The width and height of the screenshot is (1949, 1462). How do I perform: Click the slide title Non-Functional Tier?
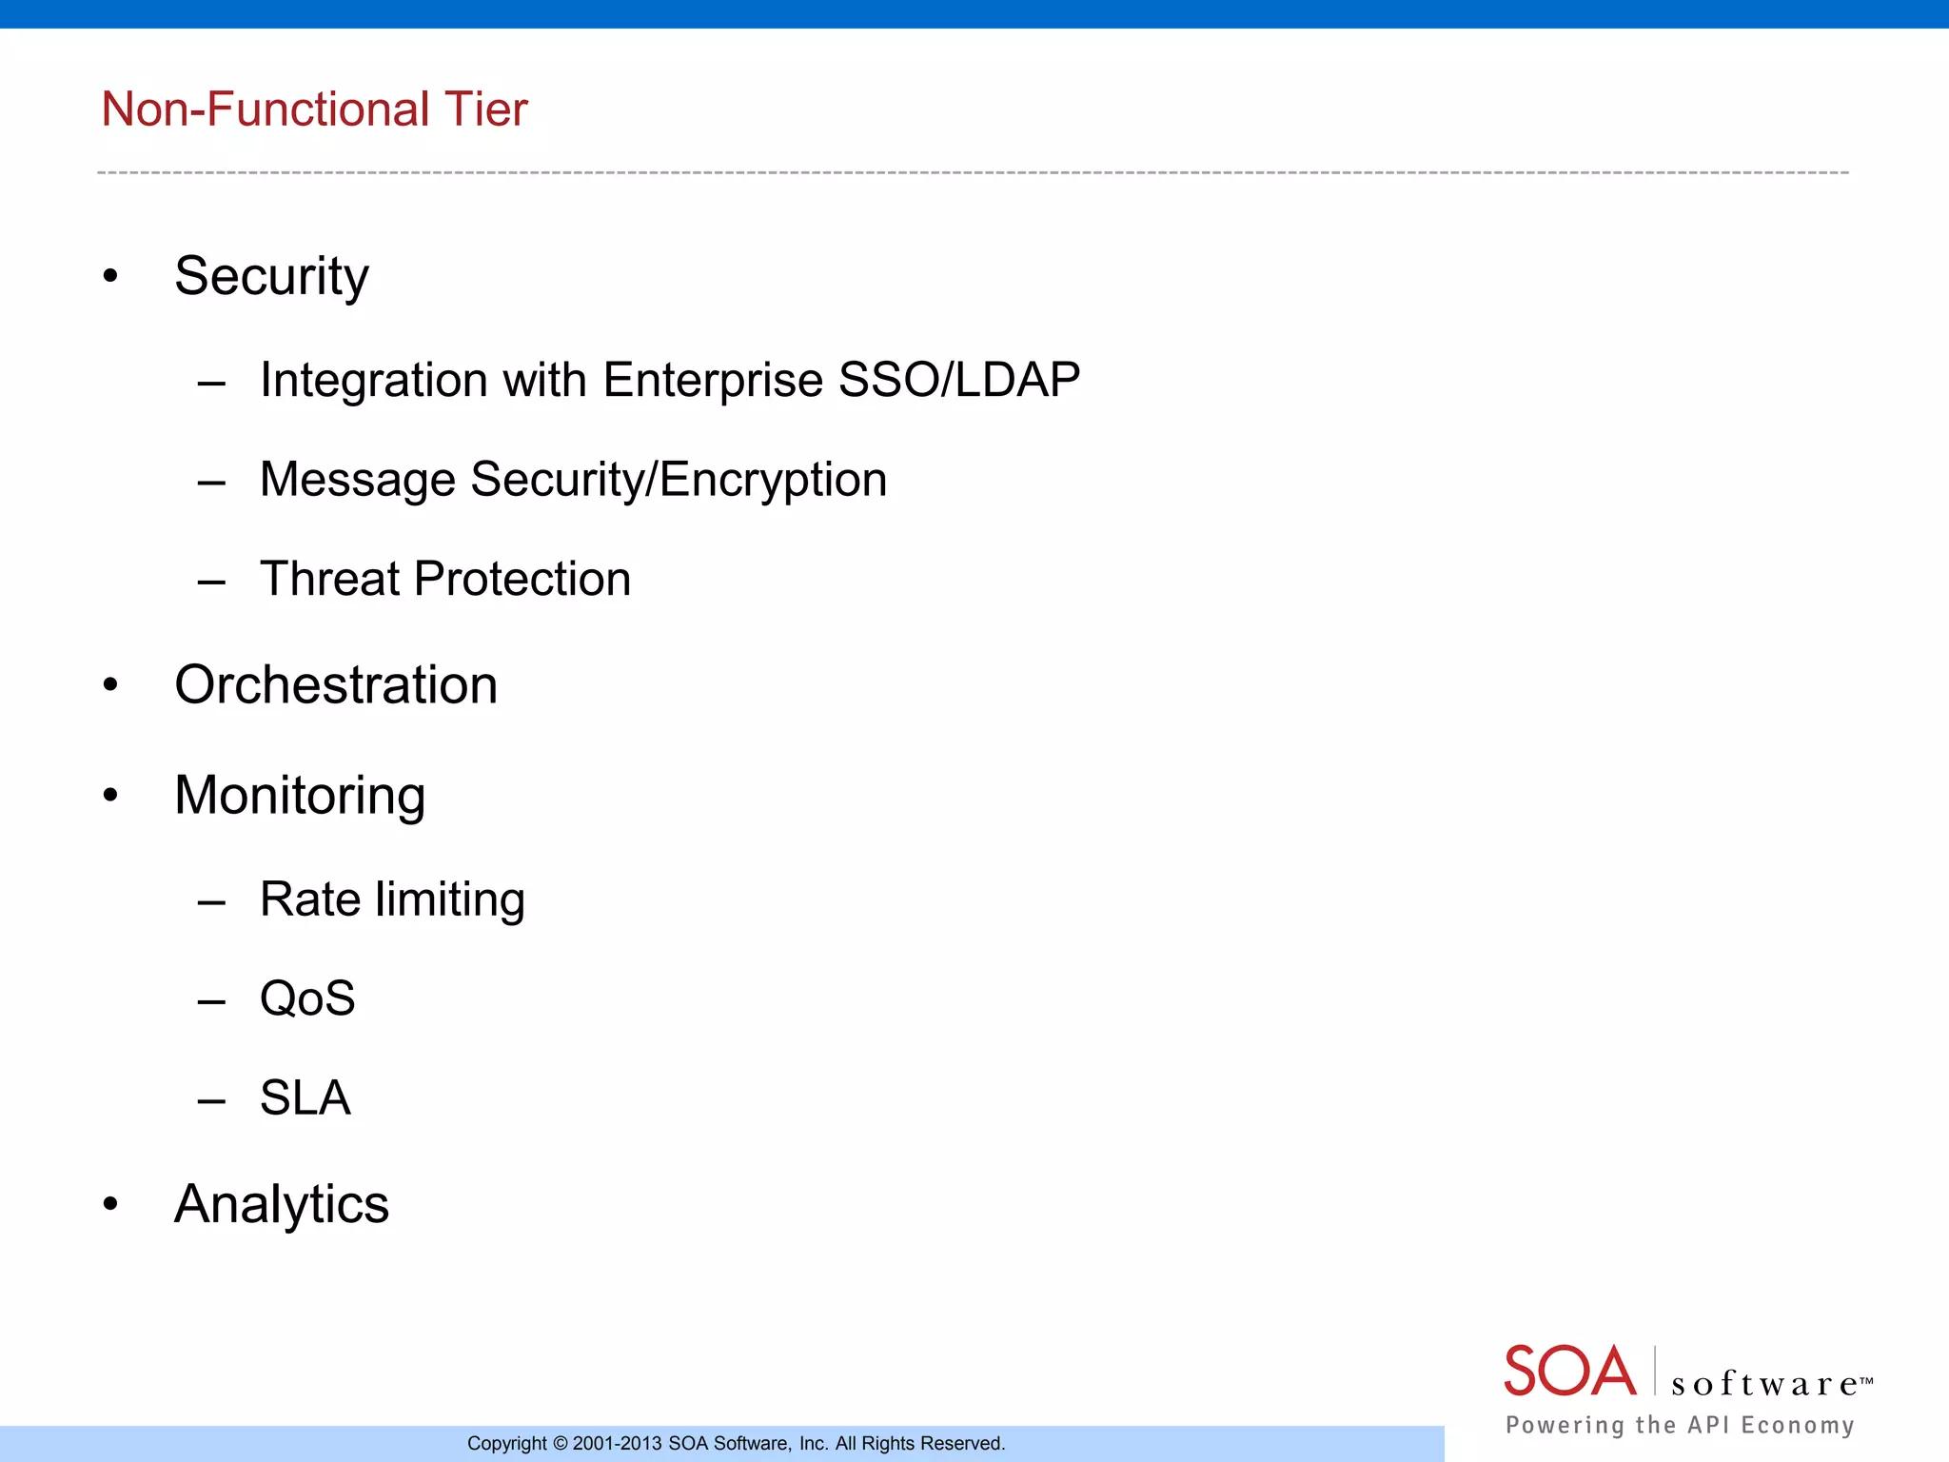point(314,109)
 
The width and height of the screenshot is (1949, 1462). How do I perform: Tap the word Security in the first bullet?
point(271,277)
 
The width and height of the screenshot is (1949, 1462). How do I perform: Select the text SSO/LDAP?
point(958,380)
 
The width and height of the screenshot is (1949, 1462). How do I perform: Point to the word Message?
point(359,480)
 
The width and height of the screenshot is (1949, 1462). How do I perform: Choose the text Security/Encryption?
point(679,480)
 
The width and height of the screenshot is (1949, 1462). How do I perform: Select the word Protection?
point(522,579)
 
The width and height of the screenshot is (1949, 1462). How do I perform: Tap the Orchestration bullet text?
point(336,685)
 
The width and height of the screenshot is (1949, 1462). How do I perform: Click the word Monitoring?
point(300,796)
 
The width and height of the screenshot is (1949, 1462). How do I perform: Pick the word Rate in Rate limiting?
point(310,899)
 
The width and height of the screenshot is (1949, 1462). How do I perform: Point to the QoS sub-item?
point(307,998)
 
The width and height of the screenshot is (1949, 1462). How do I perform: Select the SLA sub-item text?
point(305,1098)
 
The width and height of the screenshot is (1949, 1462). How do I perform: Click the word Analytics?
point(282,1204)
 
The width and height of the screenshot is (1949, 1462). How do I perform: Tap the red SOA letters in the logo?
point(1569,1372)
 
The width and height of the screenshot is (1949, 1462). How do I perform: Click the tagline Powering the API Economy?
point(1680,1425)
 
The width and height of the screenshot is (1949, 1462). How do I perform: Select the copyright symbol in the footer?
point(560,1444)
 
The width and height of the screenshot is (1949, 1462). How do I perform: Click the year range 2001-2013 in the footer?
point(617,1444)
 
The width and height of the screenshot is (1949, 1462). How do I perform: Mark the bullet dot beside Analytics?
point(110,1204)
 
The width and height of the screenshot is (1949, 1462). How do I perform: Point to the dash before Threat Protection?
point(211,580)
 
